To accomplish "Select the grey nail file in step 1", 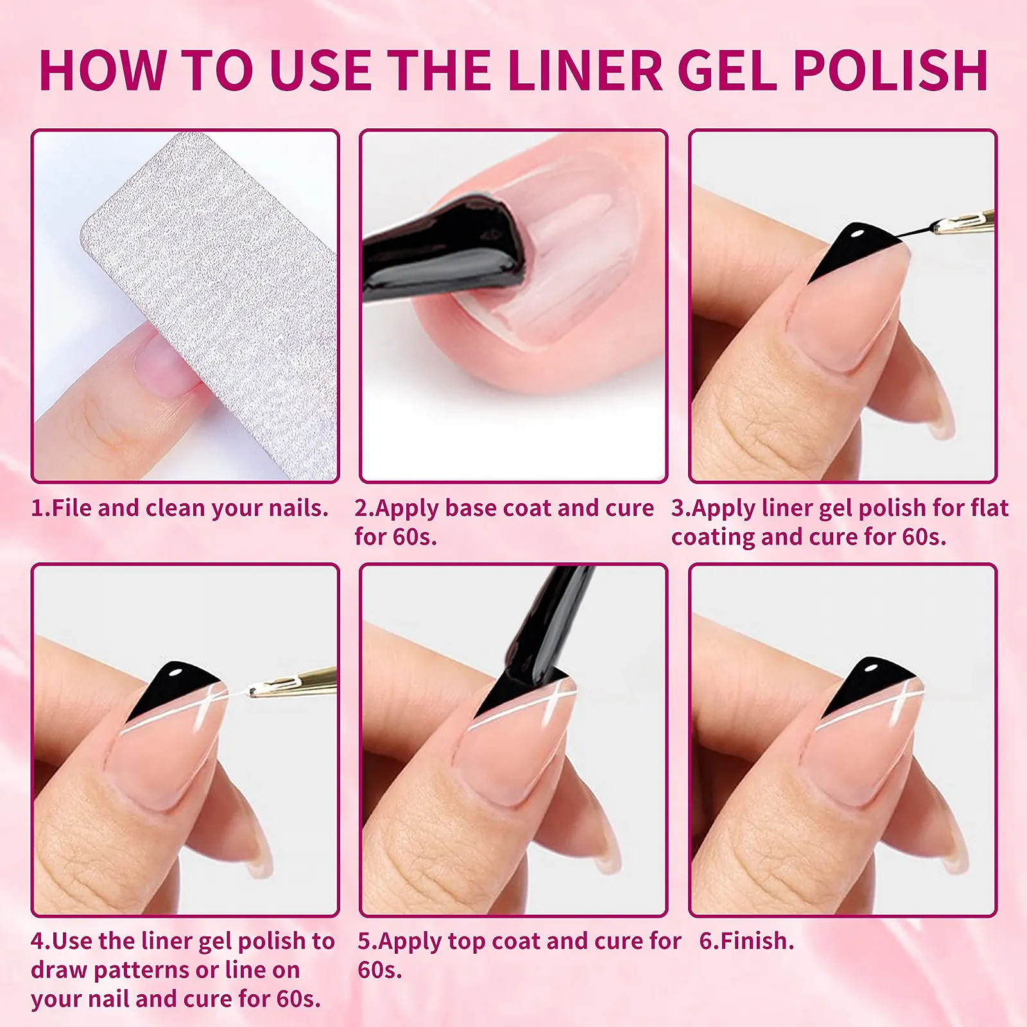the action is pos(212,302).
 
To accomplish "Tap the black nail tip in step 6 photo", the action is pos(873,684).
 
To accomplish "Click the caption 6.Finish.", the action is pos(747,941).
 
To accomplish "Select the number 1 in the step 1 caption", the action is pos(38,508).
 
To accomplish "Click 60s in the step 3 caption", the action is pos(924,537).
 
